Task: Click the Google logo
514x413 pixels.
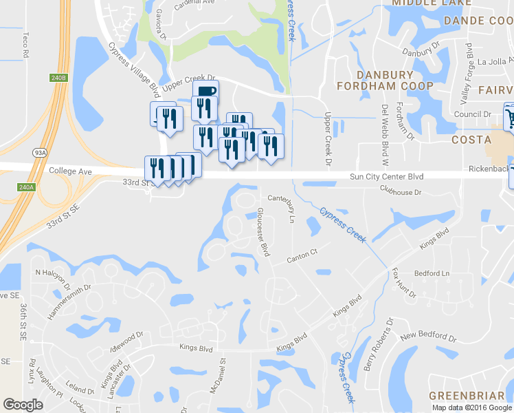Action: tap(23, 405)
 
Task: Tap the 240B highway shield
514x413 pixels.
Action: tap(60, 78)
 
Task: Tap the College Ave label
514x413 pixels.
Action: tap(70, 170)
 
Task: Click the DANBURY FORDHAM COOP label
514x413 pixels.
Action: tap(385, 80)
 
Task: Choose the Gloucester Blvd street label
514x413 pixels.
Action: tap(262, 232)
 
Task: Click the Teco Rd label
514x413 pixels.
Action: tap(25, 43)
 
